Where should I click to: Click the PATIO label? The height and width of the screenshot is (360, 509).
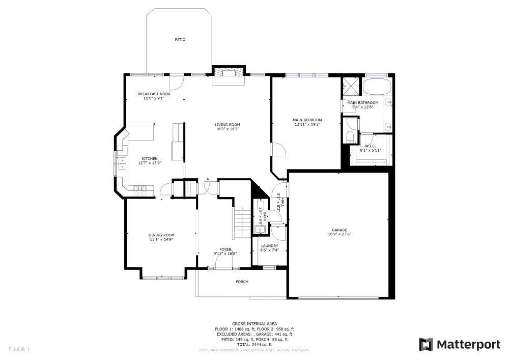(x=180, y=39)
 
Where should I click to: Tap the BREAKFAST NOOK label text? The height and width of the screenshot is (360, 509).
(x=154, y=94)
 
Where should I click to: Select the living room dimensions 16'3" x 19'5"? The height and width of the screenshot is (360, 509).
(x=227, y=129)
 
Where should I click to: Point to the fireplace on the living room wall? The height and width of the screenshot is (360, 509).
(x=228, y=72)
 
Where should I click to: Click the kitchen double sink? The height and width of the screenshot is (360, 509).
(x=122, y=163)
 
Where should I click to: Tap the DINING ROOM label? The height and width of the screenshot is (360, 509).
(x=161, y=235)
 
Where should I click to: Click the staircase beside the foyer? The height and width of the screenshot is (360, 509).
(x=242, y=222)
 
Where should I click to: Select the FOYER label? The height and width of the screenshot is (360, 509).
(x=225, y=249)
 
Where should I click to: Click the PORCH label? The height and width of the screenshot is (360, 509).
(x=242, y=282)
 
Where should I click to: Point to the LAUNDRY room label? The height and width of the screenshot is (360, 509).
(x=269, y=245)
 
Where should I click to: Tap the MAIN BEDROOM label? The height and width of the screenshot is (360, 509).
(x=307, y=120)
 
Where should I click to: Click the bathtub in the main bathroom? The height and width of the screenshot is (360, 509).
(x=376, y=87)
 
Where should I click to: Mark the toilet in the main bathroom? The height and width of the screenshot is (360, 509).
(x=350, y=136)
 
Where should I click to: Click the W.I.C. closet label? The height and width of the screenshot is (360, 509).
(x=370, y=146)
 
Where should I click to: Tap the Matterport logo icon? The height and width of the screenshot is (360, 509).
(x=426, y=345)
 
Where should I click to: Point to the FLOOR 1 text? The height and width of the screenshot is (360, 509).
(x=19, y=349)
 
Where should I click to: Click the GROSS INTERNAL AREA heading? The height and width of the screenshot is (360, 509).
(x=254, y=324)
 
